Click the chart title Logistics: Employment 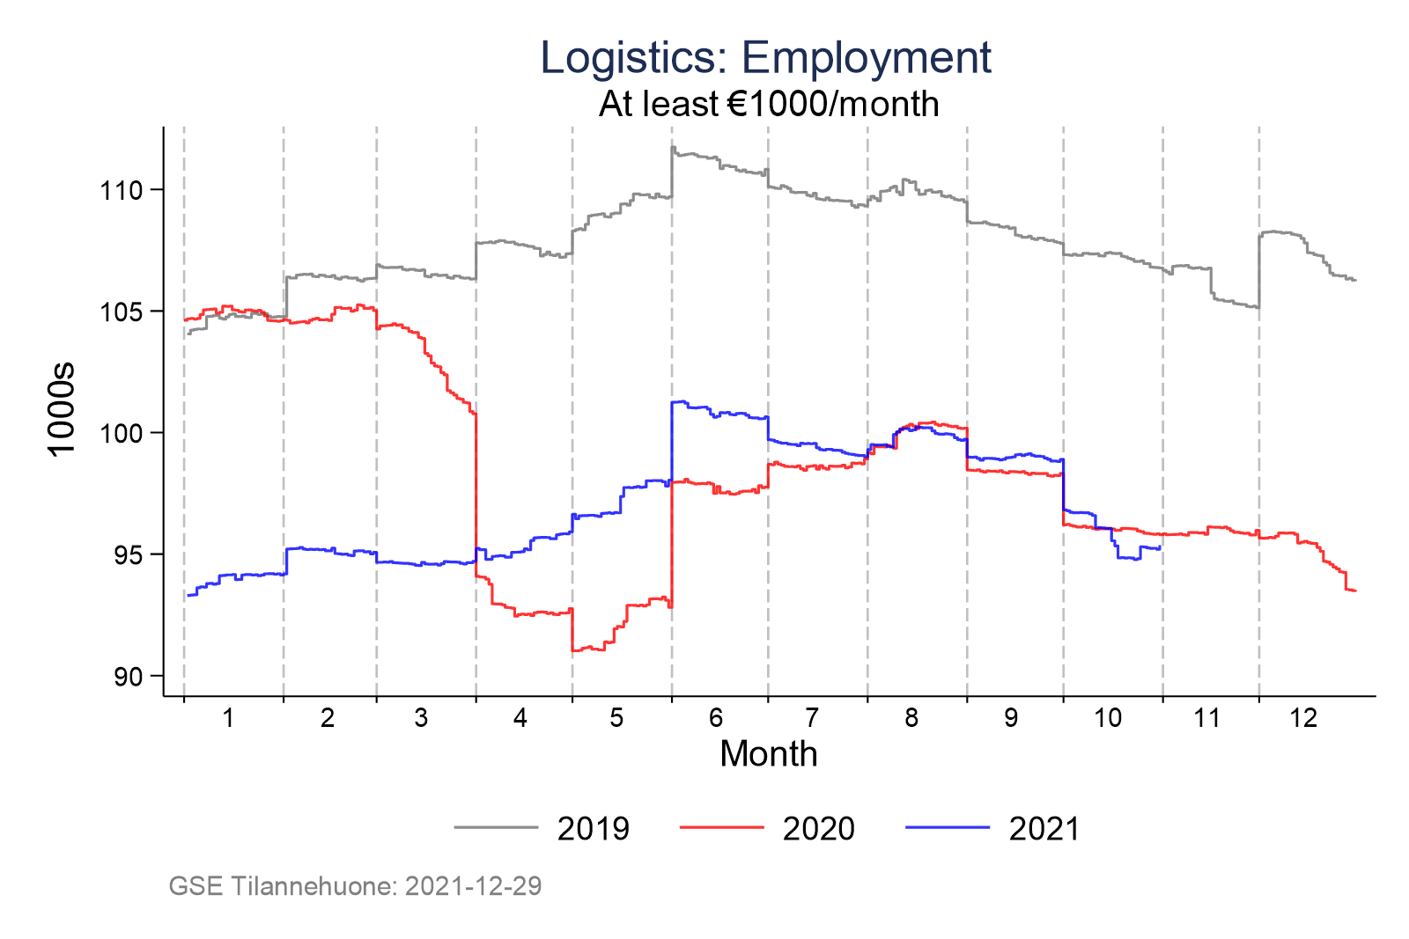(x=765, y=58)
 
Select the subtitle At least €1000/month (x=769, y=105)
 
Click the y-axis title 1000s (x=63, y=409)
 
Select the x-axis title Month (x=768, y=754)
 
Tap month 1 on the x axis (x=228, y=718)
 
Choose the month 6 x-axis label (x=715, y=718)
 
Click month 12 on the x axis (x=1303, y=718)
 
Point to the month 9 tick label (x=1010, y=718)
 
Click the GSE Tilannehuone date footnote (x=355, y=885)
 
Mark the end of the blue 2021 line (x=1161, y=547)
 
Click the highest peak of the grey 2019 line (x=673, y=147)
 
